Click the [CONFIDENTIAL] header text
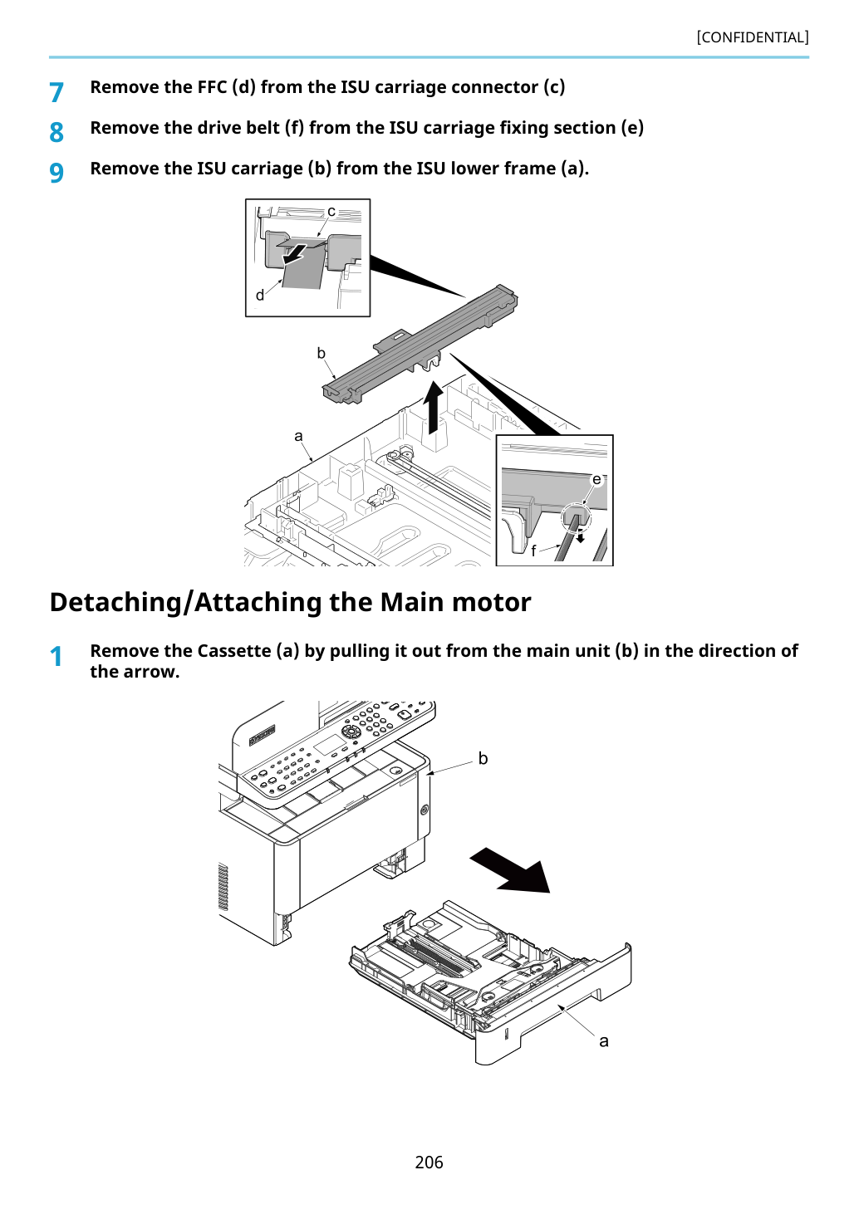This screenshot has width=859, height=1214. [752, 37]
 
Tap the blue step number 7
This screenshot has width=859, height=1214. [56, 92]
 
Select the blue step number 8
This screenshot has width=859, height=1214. [56, 133]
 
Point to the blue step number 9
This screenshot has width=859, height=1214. [56, 173]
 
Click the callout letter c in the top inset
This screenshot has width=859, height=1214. [331, 212]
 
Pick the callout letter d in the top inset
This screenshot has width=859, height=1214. [260, 295]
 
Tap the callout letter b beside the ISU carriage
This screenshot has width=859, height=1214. [321, 353]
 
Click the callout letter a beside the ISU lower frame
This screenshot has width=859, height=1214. [298, 436]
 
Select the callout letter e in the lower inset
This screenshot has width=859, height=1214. [596, 480]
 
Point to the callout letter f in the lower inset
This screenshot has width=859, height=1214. [533, 551]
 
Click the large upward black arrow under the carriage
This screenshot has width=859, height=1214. [433, 408]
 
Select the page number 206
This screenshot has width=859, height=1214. [429, 1162]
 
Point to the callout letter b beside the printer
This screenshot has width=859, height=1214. [483, 758]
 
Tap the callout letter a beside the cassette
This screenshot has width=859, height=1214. [604, 1041]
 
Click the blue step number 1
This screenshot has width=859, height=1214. [56, 656]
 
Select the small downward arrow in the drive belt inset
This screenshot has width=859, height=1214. [581, 536]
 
